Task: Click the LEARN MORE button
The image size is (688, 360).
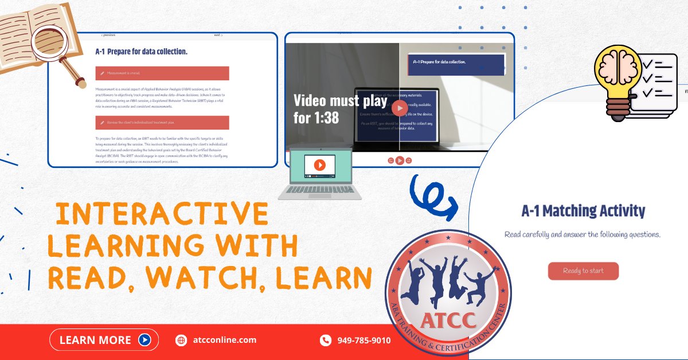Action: point(101,340)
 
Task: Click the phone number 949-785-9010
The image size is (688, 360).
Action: point(363,341)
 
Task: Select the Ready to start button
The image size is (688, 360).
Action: point(583,271)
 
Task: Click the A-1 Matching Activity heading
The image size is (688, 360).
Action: point(583,211)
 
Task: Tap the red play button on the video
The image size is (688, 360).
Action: point(400,107)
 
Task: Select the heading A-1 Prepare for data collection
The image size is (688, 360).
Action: point(141,52)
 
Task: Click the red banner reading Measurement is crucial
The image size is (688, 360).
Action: point(162,73)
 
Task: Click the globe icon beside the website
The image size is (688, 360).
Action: point(181,341)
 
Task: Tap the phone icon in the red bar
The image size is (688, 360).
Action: point(325,341)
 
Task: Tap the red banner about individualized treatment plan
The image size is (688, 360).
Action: point(162,123)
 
